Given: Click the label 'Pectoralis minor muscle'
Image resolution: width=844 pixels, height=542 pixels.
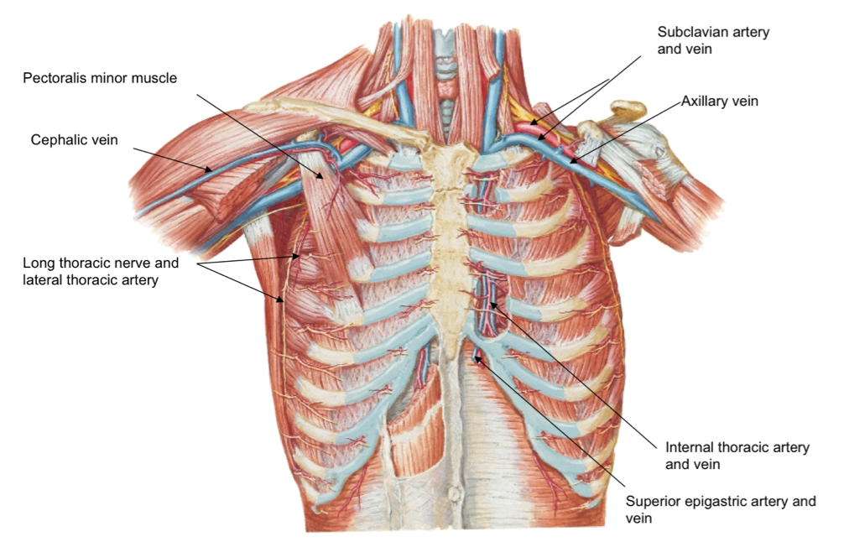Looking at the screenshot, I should pos(100,78).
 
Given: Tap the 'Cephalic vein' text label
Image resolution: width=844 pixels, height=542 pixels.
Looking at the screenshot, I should pos(75,140).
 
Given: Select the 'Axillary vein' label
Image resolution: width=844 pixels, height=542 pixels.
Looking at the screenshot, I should pos(719,102).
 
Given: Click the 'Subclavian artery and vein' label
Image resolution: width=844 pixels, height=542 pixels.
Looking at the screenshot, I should pos(713,39).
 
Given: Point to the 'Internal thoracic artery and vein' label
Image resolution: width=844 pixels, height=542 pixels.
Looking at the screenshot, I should pos(737,456).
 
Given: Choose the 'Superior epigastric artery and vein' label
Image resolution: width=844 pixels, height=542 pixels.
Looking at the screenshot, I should pos(721,510).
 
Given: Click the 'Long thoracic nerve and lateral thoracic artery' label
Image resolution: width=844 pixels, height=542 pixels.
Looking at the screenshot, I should pos(101,271).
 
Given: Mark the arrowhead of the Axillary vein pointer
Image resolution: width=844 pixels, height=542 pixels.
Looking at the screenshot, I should pos(570,160).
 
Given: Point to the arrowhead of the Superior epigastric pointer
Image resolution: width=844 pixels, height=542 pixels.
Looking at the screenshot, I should pos(476,357).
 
